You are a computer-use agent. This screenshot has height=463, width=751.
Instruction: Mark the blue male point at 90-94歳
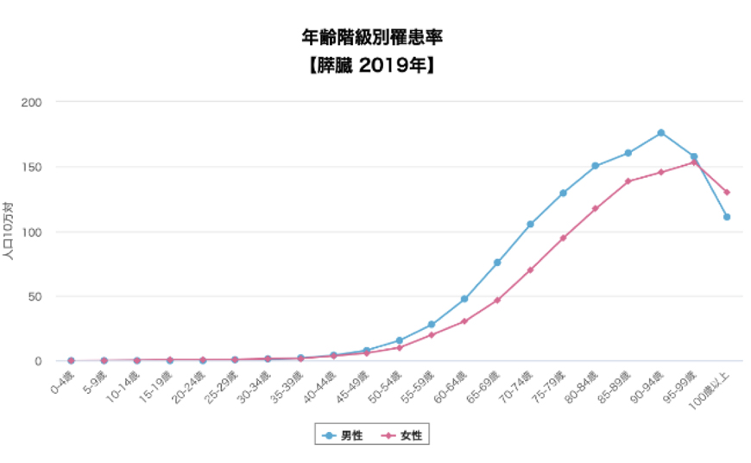pos(660,133)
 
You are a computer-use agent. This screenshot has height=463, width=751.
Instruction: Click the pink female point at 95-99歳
pos(693,162)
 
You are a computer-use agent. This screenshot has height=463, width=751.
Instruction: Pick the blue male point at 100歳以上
pos(727,217)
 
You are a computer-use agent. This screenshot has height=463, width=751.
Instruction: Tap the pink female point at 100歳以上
pos(727,192)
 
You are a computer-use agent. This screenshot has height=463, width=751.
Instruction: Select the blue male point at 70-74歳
pos(530,225)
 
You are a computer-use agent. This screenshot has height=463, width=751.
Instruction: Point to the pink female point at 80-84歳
pos(596,208)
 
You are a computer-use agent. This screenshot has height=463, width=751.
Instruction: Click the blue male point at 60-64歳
pos(464,299)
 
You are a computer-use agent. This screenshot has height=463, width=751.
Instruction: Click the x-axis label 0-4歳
pos(61,381)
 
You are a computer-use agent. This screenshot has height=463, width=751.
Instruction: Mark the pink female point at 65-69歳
pos(497,300)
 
